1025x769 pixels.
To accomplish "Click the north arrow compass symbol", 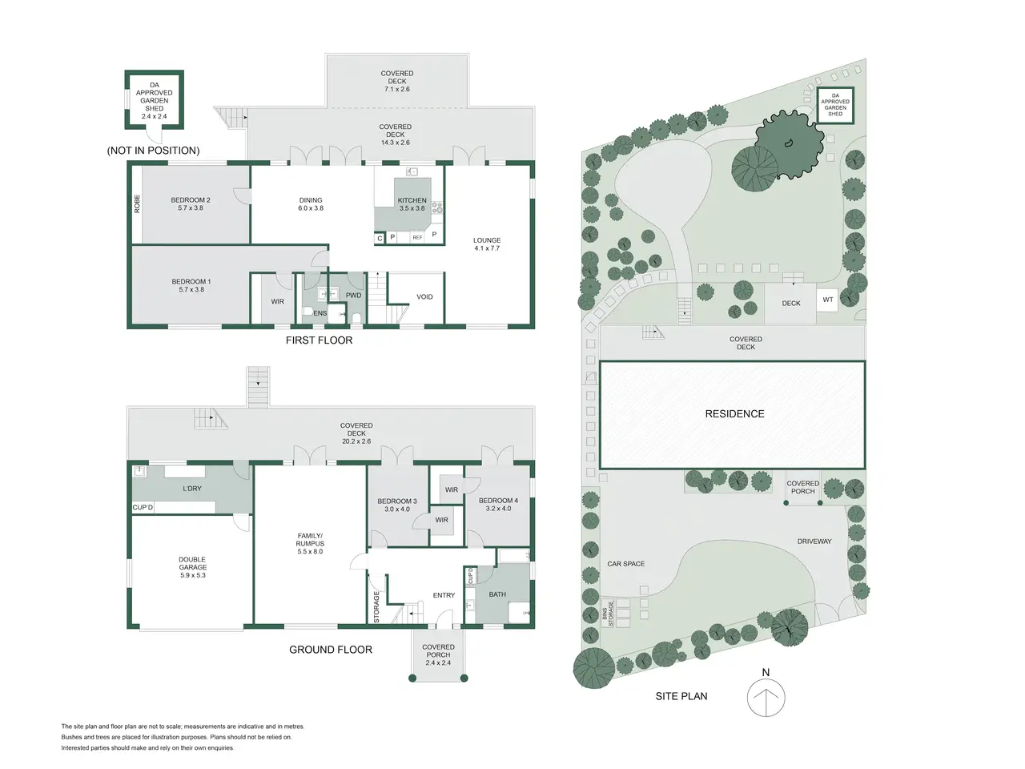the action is click(766, 698).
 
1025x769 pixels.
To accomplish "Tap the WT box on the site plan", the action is click(827, 300).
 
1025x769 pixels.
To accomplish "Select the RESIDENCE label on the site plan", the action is click(734, 413).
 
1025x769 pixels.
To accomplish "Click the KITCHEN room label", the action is click(412, 200).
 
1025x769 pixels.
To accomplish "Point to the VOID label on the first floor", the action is click(424, 296).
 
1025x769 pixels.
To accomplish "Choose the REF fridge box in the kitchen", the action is click(417, 238).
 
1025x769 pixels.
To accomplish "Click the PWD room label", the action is click(353, 295).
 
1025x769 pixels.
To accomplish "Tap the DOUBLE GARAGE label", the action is click(192, 563).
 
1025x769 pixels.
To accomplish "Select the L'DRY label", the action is click(192, 489).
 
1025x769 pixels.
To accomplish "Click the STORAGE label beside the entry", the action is click(376, 607).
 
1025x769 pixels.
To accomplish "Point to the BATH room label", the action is click(497, 594).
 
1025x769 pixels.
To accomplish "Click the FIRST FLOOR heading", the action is click(319, 340).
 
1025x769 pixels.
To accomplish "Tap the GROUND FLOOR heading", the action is click(331, 650).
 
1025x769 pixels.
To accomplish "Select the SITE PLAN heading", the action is click(681, 696).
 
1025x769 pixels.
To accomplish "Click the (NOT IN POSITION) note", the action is click(153, 151).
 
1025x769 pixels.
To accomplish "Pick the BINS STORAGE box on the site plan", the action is click(608, 613).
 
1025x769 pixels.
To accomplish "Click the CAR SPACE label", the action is click(625, 564).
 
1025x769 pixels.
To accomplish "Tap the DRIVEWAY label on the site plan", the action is click(814, 542).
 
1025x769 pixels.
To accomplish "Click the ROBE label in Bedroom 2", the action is click(137, 204).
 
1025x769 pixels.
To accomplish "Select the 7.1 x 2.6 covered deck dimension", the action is click(397, 89).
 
